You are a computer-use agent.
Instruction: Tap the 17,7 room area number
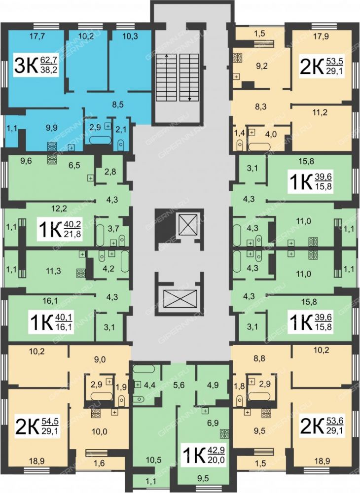[37, 36]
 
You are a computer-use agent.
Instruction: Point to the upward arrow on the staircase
[167, 56]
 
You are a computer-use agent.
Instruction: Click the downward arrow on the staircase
[189, 99]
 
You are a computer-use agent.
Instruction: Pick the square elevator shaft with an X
[188, 224]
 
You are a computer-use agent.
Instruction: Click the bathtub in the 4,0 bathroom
[259, 146]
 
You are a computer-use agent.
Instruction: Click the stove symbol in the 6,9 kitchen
[224, 434]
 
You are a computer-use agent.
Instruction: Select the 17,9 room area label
[322, 36]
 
